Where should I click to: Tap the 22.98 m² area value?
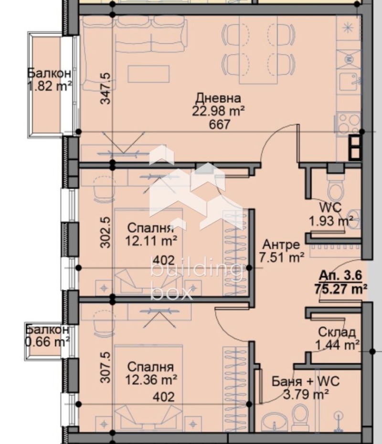[219, 111]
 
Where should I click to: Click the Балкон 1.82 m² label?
[49, 79]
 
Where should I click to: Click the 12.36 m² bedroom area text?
[152, 379]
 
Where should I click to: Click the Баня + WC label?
[305, 381]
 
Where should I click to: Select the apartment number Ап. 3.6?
[340, 276]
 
